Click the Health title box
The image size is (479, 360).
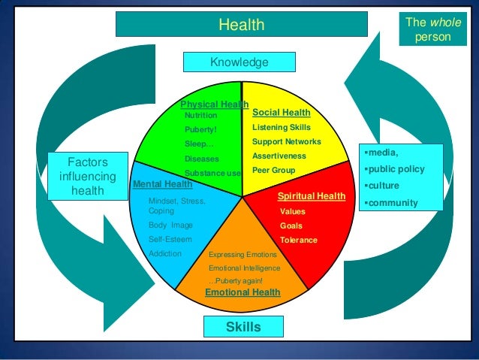[x=241, y=25]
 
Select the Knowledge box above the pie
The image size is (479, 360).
[x=239, y=62]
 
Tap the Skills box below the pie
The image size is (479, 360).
[x=243, y=327]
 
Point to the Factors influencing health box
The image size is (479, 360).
[x=88, y=177]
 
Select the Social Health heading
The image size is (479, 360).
[x=282, y=113]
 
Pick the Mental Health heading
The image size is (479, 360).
[x=162, y=183]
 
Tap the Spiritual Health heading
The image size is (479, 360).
[x=312, y=196]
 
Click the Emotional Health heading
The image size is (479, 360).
[x=243, y=292]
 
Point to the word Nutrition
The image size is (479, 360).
[x=200, y=116]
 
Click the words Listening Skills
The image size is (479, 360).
[x=281, y=127]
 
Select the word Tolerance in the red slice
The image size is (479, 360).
[x=298, y=240]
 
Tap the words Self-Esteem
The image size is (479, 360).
[x=170, y=239]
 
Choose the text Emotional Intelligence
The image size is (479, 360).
[x=244, y=268]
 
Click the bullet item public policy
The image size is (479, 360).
[x=396, y=169]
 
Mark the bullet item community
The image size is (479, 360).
[x=392, y=203]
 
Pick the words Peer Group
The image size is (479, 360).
[x=273, y=170]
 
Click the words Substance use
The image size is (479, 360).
[x=212, y=173]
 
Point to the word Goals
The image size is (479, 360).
[x=291, y=225]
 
